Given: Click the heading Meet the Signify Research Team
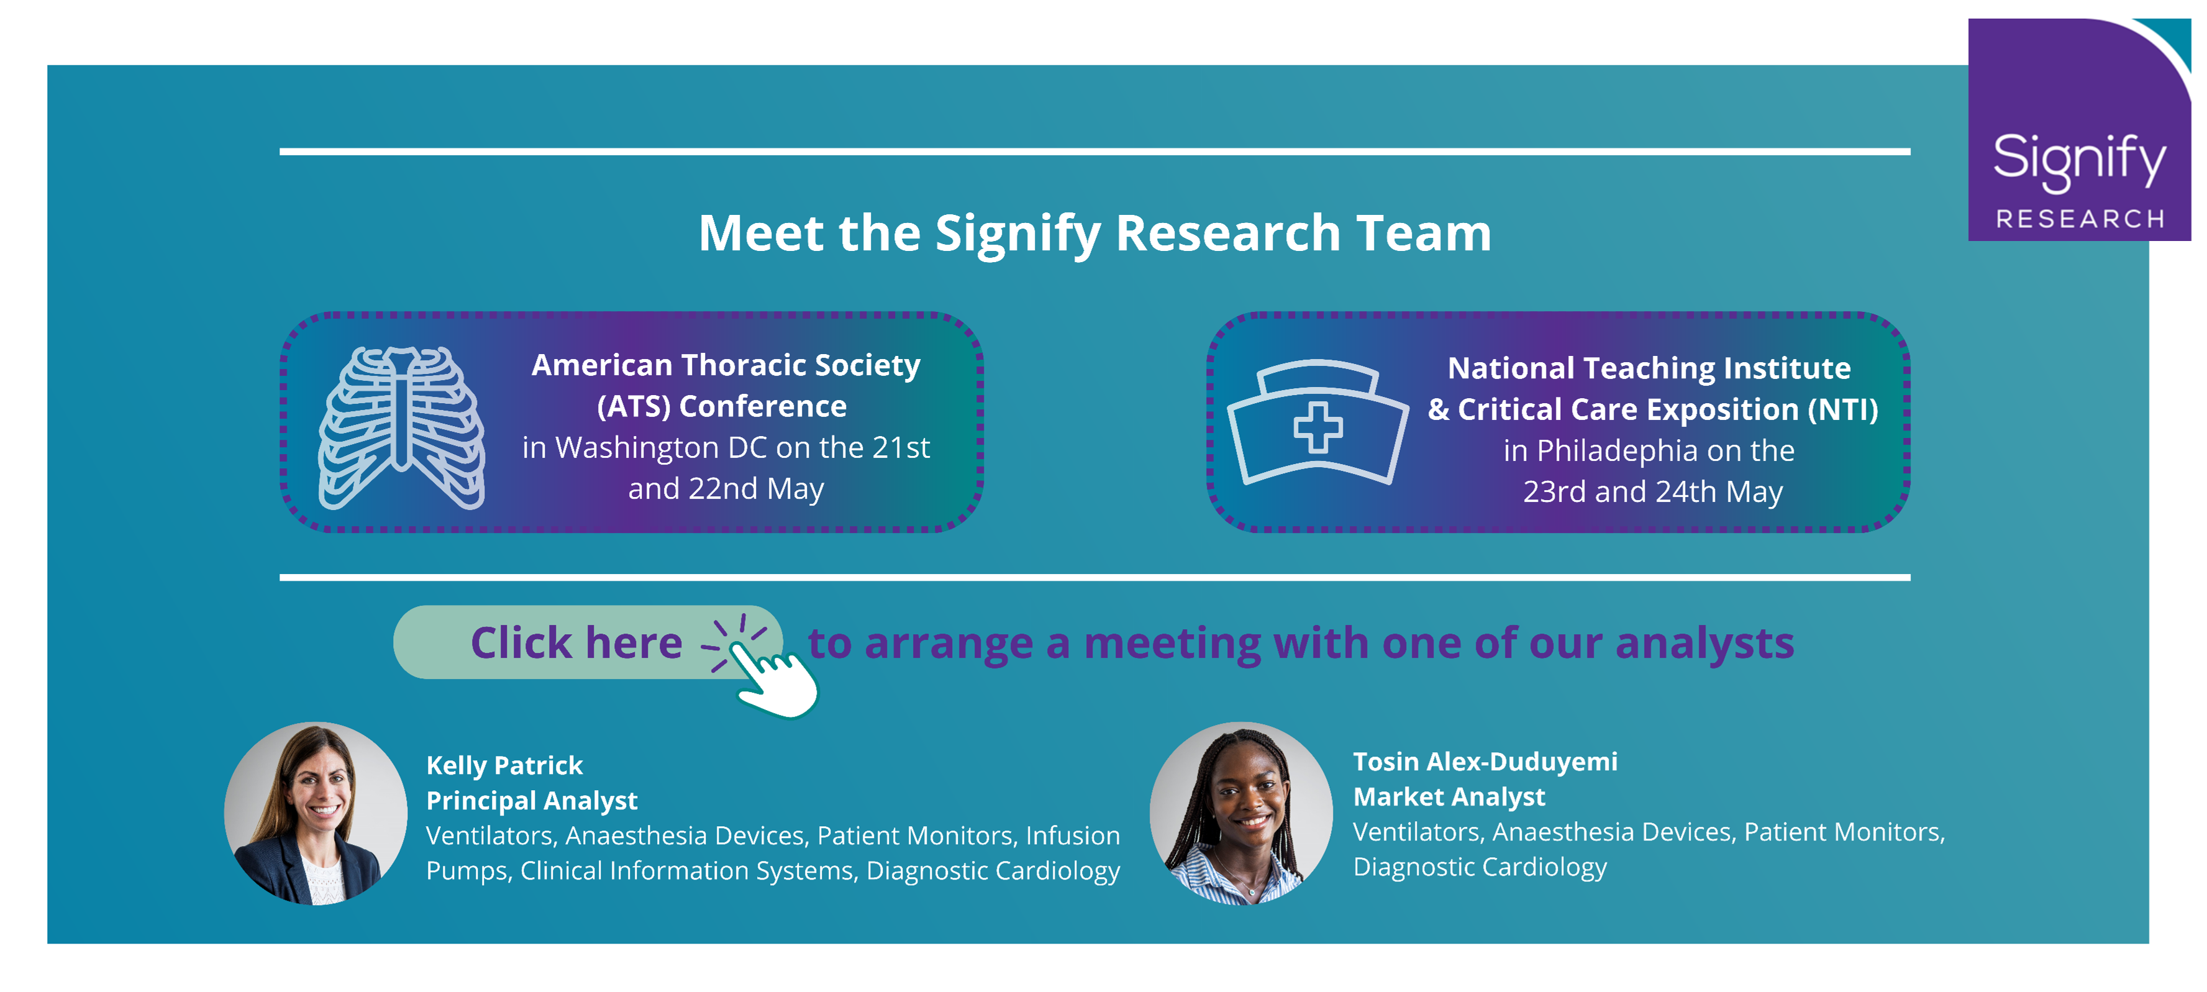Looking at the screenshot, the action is pos(1095,233).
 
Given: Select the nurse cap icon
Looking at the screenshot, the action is pos(1317,422).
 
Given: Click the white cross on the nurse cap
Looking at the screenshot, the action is pos(1317,427).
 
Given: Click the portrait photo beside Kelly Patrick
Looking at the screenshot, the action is pos(316,813).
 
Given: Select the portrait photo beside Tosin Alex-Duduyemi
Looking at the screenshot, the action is pos(1242,813).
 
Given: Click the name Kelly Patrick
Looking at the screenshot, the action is pos(504,765).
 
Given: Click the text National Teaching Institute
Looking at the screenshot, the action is pos(1649,368).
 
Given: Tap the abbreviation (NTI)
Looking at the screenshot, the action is pos(1843,409).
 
